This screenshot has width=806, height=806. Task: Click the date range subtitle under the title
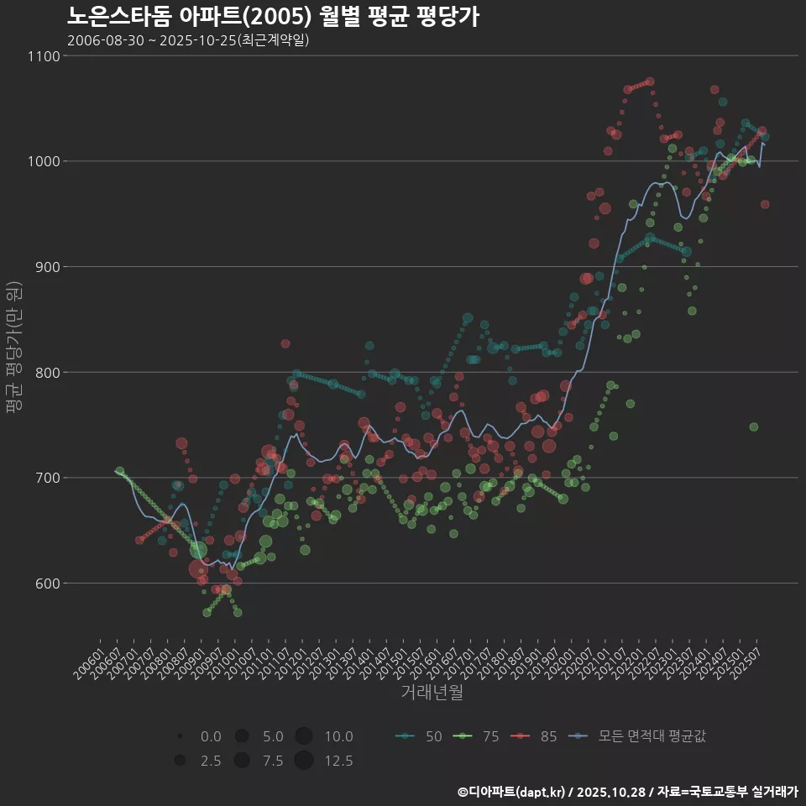188,39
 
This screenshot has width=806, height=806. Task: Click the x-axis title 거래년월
432,692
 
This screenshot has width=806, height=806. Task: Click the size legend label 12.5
338,761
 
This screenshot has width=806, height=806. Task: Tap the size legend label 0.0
211,736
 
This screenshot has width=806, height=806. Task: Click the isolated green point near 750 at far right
754,427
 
